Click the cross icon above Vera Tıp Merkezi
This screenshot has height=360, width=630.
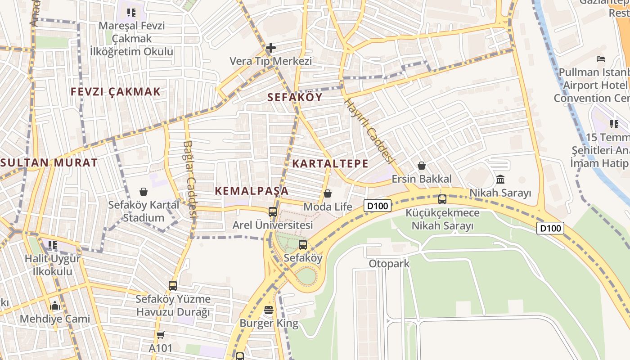click(x=270, y=47)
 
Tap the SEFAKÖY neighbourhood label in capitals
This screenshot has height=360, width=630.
click(x=295, y=97)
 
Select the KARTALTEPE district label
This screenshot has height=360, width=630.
click(x=330, y=163)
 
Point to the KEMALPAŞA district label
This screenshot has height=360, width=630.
click(x=252, y=191)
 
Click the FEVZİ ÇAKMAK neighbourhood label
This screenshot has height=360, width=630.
click(x=116, y=92)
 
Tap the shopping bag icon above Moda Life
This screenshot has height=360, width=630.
click(x=328, y=193)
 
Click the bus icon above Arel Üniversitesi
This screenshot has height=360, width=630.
click(x=272, y=211)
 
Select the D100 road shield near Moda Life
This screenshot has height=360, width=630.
click(x=378, y=206)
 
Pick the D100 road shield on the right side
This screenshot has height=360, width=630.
click(x=550, y=228)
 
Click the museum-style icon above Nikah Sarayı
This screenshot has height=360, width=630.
click(x=500, y=180)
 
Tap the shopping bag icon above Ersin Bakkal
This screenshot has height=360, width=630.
click(x=422, y=166)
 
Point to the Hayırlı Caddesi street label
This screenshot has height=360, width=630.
click(x=369, y=130)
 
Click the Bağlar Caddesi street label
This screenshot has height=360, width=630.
click(x=190, y=179)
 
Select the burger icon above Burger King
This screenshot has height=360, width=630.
click(x=269, y=310)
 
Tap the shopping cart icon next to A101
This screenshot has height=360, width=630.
click(x=161, y=335)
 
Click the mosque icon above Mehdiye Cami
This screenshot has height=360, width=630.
click(x=55, y=306)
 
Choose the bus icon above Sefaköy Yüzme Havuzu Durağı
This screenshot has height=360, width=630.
click(x=173, y=285)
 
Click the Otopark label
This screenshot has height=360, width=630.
click(x=389, y=263)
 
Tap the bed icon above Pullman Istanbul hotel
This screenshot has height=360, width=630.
click(x=601, y=59)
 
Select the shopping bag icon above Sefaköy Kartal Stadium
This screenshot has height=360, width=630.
click(x=144, y=192)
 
